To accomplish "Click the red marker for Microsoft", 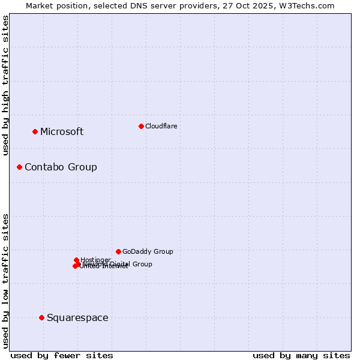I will point(35,131).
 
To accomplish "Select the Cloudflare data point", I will point(141,126).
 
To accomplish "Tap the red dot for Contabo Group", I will point(19,167).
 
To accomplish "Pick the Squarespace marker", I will point(41,317).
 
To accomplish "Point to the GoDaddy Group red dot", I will point(118,251).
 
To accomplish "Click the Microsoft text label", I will point(62,132).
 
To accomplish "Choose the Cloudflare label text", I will point(161,126).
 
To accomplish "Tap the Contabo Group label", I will point(61,167).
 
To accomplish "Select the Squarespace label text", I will point(77,318).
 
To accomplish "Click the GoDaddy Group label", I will point(148,252).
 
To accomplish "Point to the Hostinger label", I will point(95,260).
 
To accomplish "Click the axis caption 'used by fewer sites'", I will point(62,355).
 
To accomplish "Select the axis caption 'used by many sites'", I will point(301,355).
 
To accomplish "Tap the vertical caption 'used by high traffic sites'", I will point(5,85).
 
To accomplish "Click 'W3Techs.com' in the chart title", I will point(310,5).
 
